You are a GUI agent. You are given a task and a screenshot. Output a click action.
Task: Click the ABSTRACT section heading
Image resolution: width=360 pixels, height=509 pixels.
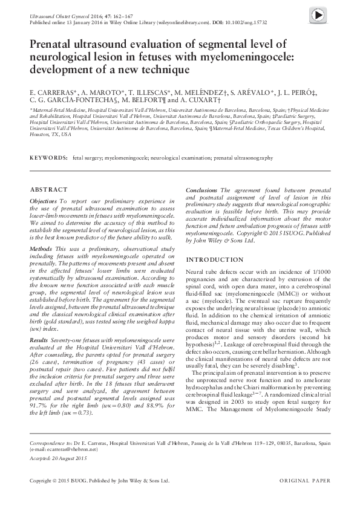click(45, 189)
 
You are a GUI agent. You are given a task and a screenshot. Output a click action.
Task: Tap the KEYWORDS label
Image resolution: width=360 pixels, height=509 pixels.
click(49, 157)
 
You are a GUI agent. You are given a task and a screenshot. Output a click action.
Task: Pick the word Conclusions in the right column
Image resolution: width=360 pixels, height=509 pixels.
click(202, 190)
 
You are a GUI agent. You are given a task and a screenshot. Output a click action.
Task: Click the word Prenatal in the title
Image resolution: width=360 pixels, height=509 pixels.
click(55, 44)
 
